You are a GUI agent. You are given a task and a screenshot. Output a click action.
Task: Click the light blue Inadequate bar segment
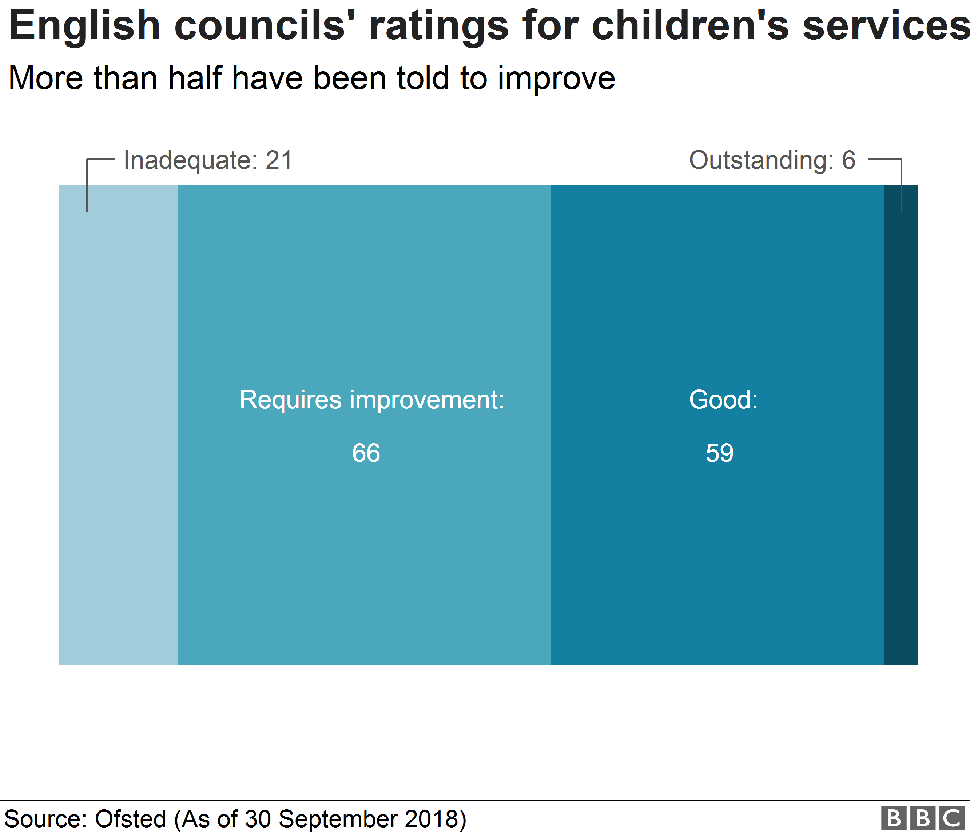click(x=118, y=425)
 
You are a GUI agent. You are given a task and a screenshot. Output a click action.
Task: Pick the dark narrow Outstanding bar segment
click(x=901, y=425)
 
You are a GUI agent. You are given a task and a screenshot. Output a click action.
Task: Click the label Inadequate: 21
click(x=208, y=160)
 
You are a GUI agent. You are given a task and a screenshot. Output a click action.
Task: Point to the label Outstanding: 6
click(x=772, y=160)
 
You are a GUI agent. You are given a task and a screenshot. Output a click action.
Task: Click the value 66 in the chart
click(x=366, y=453)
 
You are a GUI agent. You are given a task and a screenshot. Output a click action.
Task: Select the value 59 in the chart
click(x=720, y=453)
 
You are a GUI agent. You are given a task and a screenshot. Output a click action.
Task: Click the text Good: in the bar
click(x=723, y=400)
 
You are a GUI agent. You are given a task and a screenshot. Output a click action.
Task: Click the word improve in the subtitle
click(x=556, y=79)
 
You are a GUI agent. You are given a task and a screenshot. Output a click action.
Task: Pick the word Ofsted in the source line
click(x=130, y=818)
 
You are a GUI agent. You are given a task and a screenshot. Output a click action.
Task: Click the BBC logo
click(x=922, y=818)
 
